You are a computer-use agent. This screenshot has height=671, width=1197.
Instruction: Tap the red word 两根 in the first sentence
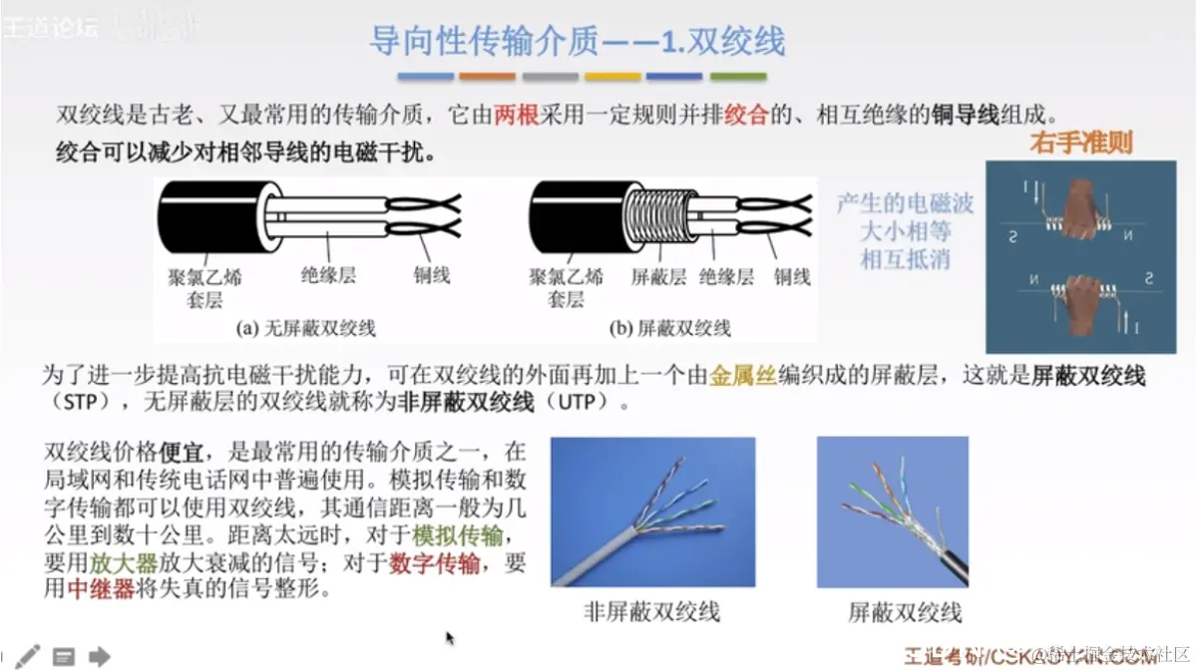[516, 114]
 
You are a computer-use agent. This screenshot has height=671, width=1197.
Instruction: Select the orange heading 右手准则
[1081, 143]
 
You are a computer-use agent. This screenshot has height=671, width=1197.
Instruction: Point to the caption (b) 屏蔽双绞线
[669, 328]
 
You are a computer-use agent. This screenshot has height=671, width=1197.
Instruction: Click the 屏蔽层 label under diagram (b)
[658, 277]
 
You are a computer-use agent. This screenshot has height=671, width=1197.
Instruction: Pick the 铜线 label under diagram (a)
[432, 275]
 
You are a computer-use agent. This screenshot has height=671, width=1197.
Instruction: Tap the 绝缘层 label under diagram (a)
[328, 275]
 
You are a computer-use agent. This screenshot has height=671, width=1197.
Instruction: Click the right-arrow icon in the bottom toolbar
[99, 655]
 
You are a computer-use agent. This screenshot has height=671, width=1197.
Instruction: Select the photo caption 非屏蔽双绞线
[651, 611]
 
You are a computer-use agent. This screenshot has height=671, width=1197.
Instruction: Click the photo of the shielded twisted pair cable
[892, 512]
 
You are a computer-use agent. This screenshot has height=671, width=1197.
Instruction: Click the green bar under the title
[737, 77]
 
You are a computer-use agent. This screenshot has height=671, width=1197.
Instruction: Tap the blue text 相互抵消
[906, 260]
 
